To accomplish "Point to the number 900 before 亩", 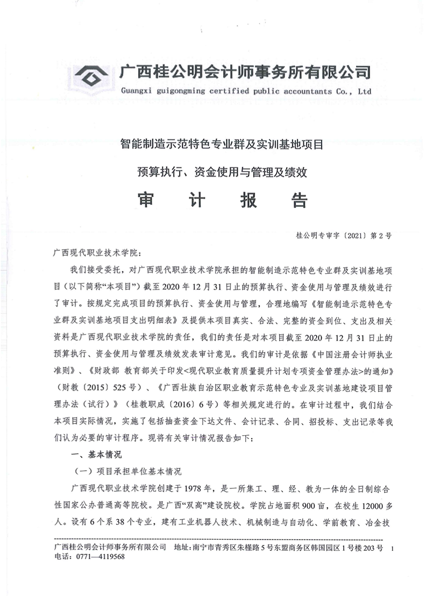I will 308,505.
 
